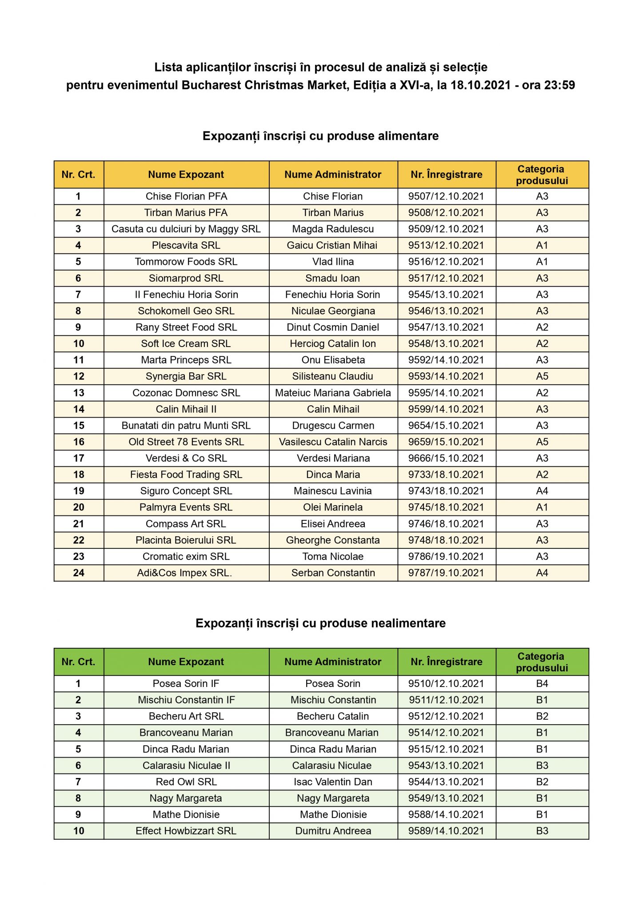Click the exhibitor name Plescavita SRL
[186, 245]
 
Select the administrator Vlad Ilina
[333, 262]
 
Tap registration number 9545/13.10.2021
[446, 295]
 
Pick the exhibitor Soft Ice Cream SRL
[186, 343]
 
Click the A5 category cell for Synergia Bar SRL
[542, 376]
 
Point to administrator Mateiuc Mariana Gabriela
[333, 393]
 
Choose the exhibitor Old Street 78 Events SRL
[186, 442]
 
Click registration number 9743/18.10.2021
[446, 491]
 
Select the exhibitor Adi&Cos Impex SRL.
[184, 573]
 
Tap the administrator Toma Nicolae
[333, 556]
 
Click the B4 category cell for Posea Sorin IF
[542, 683]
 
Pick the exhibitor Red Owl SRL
[186, 782]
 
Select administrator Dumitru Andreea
[333, 831]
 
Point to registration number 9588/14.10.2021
[446, 814]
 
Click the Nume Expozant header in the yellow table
[186, 175]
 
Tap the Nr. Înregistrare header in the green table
[446, 662]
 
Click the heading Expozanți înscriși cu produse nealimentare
[320, 623]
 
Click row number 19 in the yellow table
[79, 491]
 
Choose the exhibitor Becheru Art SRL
[186, 716]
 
